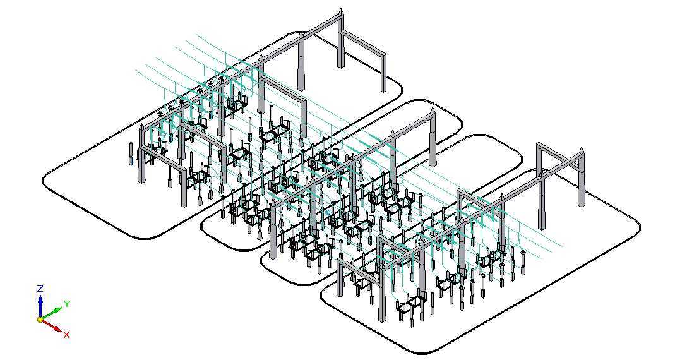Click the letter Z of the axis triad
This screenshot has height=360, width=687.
(x=40, y=289)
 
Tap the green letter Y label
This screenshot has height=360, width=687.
(x=67, y=303)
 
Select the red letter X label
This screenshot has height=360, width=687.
(x=66, y=335)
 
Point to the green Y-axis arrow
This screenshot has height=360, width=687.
(x=51, y=313)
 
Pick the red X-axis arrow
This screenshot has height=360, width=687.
(x=52, y=325)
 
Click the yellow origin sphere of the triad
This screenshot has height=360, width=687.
(x=40, y=320)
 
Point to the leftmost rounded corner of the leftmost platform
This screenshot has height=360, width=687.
(x=45, y=180)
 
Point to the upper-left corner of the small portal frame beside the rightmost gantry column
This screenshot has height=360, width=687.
(x=538, y=145)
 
